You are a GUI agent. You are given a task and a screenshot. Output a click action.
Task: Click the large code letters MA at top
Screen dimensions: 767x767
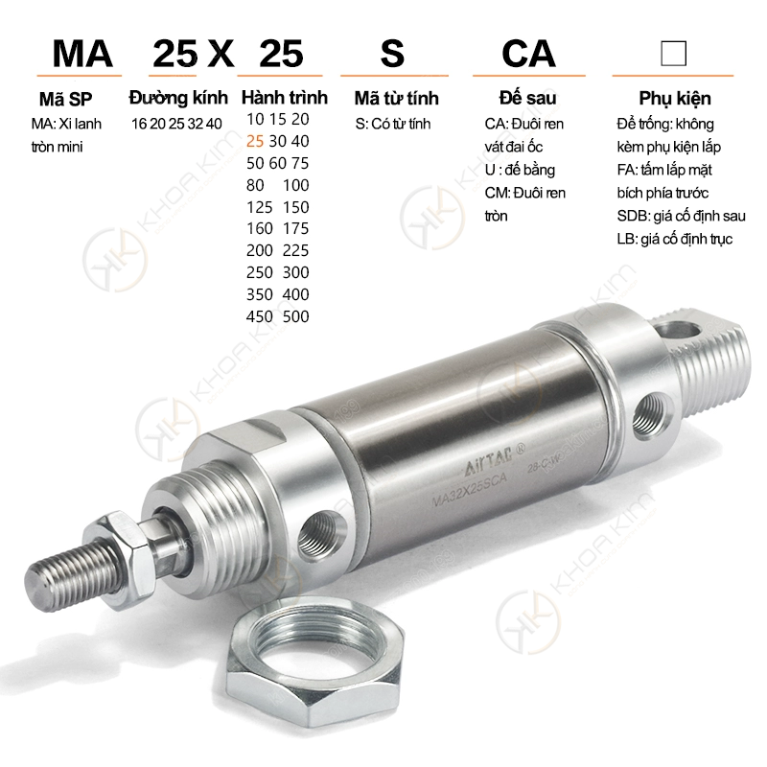coord(82,54)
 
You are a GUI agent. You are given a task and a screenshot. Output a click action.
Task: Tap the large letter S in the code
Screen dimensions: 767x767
coord(392,54)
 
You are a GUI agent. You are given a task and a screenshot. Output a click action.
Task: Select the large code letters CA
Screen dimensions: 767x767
coord(529,54)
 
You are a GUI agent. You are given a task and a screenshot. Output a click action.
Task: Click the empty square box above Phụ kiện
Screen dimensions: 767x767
coord(673,54)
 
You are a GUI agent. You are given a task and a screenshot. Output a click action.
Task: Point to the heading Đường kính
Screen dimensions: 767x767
coord(178,98)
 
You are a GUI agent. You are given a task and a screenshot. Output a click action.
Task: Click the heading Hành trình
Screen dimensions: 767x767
coord(284,98)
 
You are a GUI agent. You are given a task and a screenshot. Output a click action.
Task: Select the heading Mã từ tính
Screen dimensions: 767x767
coord(396,98)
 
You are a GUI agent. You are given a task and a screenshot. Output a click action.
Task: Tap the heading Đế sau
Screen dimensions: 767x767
coord(528,98)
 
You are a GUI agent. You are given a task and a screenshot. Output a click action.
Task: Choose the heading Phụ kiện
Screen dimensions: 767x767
coord(675,99)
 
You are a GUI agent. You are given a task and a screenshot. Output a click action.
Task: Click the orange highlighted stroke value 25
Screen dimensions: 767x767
coord(255,141)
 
